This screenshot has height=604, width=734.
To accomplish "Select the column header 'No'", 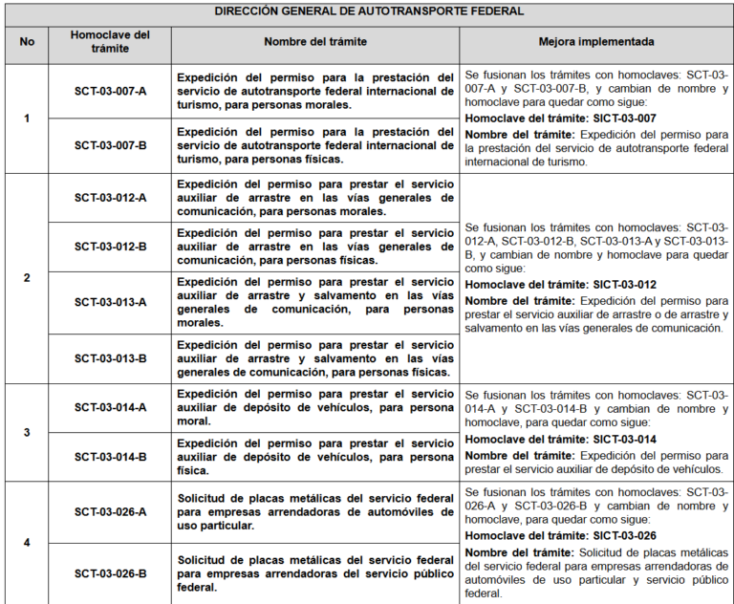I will click(x=27, y=42).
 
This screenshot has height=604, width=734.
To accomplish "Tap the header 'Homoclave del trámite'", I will click(x=111, y=42).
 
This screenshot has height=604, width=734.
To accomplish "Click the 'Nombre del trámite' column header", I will click(x=315, y=42).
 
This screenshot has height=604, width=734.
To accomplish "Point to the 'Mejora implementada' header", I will click(x=596, y=42).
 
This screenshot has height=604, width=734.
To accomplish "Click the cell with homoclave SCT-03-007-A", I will click(x=111, y=92).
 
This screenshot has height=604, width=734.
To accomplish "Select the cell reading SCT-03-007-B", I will click(x=111, y=146).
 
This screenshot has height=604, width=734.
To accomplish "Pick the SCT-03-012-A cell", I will click(x=111, y=198).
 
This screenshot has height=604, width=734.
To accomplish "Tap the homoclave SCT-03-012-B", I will click(x=111, y=247).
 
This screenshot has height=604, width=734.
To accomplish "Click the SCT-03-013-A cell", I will click(x=111, y=302).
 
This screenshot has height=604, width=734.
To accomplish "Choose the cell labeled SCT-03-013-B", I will click(x=111, y=358).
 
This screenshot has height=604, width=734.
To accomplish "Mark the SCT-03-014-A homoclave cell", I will click(x=111, y=407).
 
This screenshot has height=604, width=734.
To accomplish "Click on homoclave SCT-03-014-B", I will click(x=111, y=457).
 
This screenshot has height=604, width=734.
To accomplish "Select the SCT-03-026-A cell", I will click(x=111, y=512).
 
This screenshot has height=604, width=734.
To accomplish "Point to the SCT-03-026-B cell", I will click(x=111, y=573).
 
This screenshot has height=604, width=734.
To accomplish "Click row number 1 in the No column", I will click(x=27, y=119).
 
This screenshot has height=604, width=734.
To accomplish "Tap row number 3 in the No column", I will click(x=27, y=432).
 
